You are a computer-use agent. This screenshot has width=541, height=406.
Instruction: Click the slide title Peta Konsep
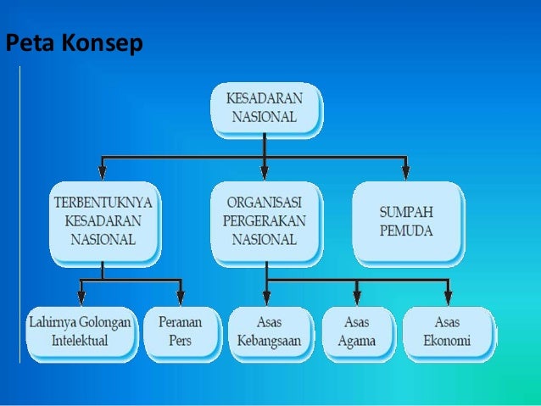click(x=72, y=43)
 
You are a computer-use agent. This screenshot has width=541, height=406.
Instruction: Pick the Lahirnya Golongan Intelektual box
click(x=81, y=333)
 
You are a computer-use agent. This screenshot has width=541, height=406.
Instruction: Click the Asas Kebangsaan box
click(x=269, y=332)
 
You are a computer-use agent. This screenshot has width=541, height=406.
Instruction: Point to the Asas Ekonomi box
click(x=448, y=332)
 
